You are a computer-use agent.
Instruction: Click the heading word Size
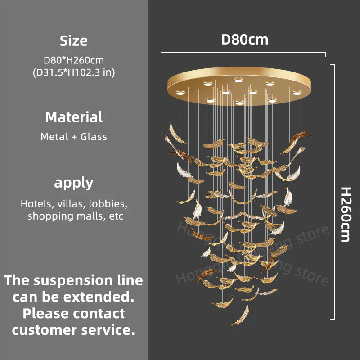74,41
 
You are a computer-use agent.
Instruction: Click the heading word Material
74,117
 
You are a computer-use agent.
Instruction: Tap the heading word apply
74,183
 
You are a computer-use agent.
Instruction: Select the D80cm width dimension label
244,40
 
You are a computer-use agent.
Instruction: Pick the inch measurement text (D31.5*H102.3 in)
74,72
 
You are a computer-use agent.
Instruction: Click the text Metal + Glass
74,137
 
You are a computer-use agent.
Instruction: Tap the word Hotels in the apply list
36,204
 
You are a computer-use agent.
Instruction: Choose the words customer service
74,330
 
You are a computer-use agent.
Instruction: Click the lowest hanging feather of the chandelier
240,315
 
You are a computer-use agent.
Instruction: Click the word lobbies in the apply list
108,204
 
